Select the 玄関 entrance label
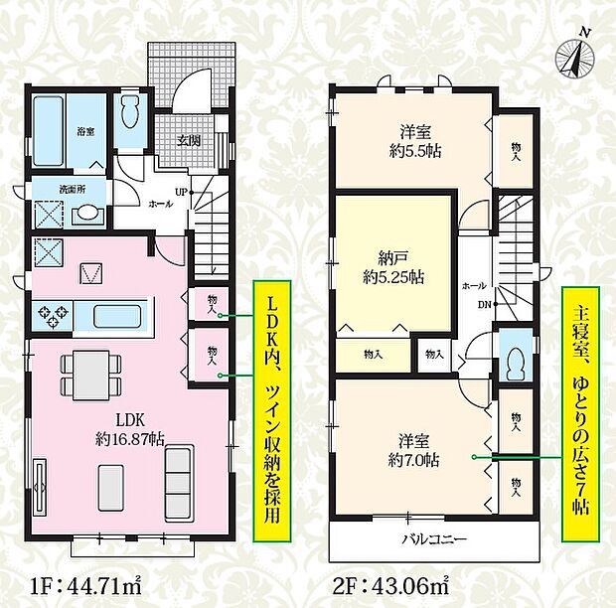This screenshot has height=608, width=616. (x=190, y=140)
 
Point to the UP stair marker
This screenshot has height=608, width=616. (x=181, y=191)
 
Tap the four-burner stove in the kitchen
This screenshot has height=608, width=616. (x=52, y=318)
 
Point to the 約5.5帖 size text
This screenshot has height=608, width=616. (x=415, y=151)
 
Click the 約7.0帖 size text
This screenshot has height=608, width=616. (x=415, y=460)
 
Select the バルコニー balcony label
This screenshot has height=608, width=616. (x=434, y=539)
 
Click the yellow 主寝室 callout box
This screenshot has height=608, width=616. (x=580, y=415)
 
